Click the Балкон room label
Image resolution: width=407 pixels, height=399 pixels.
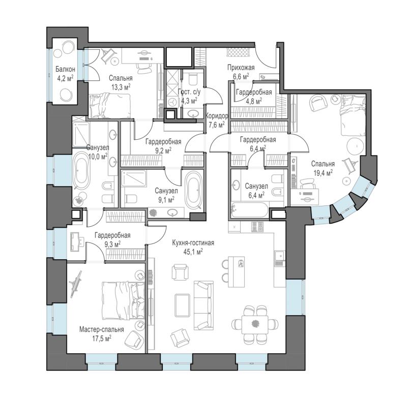pyautogui.click(x=65, y=69)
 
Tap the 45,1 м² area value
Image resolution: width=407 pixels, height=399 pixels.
pyautogui.click(x=193, y=252)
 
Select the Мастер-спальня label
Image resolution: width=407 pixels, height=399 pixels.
pyautogui.click(x=101, y=329)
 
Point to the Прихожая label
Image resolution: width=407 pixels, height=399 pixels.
pyautogui.click(x=241, y=68)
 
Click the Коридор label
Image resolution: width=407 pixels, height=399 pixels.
pyautogui.click(x=217, y=116)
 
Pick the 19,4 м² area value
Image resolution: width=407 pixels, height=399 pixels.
pyautogui.click(x=323, y=173)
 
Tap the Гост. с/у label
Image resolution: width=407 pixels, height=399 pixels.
pyautogui.click(x=189, y=92)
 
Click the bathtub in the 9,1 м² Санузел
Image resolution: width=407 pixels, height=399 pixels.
pyautogui.click(x=194, y=190)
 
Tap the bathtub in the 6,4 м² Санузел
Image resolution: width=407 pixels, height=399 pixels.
pyautogui.click(x=250, y=210)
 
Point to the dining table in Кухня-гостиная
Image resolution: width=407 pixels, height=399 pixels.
pyautogui.click(x=255, y=325)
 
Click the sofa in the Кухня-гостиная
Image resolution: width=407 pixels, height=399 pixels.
pyautogui.click(x=204, y=305)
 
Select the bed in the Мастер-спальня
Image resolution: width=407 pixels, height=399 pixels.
pyautogui.click(x=123, y=300)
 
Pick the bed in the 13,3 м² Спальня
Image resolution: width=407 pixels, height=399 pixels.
pyautogui.click(x=109, y=106)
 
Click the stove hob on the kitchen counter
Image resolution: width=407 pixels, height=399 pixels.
pyautogui.click(x=257, y=227)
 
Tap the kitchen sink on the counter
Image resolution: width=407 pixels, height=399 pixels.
pyautogui.click(x=279, y=256)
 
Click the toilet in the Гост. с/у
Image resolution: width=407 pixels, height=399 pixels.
pyautogui.click(x=193, y=79)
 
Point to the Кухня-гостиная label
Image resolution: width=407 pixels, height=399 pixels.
pyautogui.click(x=193, y=243)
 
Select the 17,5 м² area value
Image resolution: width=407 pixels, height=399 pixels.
pyautogui.click(x=102, y=338)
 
